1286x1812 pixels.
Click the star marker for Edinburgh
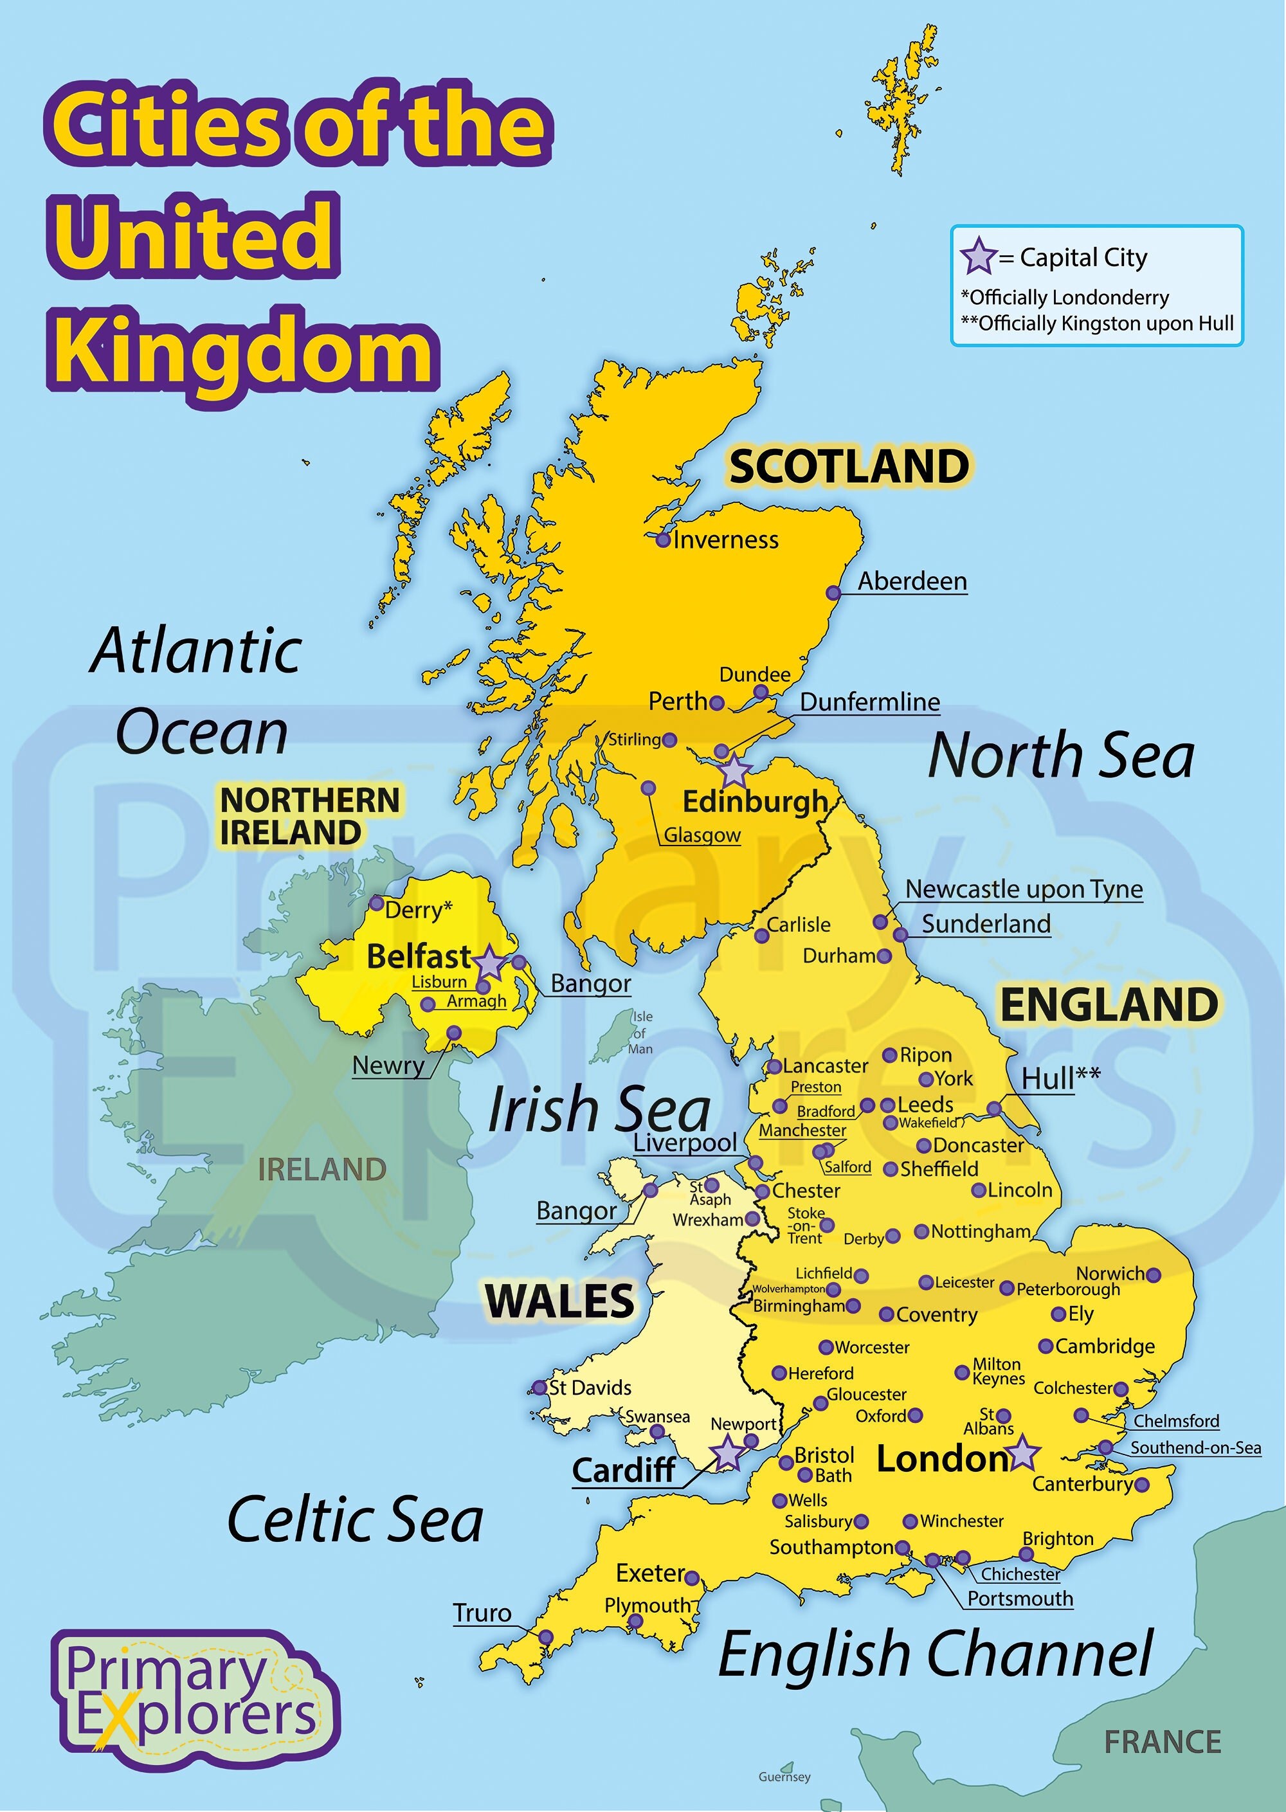(x=734, y=770)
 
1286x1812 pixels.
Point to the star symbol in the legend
(x=978, y=256)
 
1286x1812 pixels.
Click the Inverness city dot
(x=664, y=540)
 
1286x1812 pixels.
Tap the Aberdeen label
(x=912, y=581)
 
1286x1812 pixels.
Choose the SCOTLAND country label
(x=849, y=466)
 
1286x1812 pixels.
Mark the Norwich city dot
(x=1154, y=1274)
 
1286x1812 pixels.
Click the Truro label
(x=482, y=1613)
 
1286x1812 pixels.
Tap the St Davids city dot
(x=540, y=1388)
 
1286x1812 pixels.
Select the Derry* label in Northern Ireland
(x=418, y=910)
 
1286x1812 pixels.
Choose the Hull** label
(x=1060, y=1078)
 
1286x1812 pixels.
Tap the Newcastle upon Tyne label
(x=1024, y=889)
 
